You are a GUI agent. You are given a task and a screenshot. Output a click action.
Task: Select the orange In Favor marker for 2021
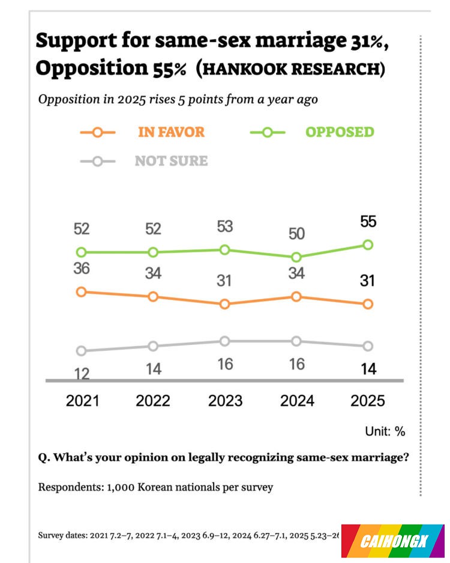point(82,291)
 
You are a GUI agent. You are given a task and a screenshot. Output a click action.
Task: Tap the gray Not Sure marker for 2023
point(225,341)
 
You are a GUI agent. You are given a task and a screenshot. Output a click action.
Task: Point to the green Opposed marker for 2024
point(296,257)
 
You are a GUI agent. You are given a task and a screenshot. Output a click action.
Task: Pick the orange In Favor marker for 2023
point(225,304)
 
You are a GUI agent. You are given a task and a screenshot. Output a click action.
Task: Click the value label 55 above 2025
point(368,222)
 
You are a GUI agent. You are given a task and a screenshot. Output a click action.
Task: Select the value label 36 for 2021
point(82,269)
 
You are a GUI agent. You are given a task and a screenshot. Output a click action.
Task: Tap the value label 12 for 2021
point(82,374)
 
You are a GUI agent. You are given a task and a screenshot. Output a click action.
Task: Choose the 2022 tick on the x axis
point(153,401)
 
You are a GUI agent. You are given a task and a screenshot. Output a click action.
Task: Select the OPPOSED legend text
point(340,132)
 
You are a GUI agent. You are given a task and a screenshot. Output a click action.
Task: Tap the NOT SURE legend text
point(171,161)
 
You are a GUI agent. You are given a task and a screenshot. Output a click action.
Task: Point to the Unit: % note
point(385,431)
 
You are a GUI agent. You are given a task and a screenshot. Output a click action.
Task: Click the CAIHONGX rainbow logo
point(393,540)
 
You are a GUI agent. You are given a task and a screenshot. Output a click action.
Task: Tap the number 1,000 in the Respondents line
point(121,487)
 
